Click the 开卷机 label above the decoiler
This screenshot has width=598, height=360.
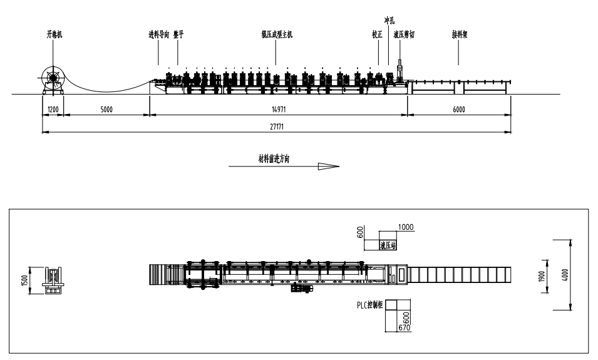(x=54, y=36)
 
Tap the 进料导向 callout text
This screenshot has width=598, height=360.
(x=158, y=36)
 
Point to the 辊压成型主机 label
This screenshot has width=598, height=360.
(x=277, y=36)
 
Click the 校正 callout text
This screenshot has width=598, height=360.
(x=377, y=36)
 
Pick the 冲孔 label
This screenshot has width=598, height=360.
(x=389, y=21)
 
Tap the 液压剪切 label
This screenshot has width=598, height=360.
(x=404, y=36)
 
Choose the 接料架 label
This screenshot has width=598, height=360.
(x=460, y=36)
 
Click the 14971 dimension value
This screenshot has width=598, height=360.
(x=277, y=109)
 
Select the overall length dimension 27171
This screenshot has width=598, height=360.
(x=277, y=126)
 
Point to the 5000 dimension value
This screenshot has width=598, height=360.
(x=106, y=109)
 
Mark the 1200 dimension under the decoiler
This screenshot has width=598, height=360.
(x=53, y=109)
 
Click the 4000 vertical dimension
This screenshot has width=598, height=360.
(x=564, y=275)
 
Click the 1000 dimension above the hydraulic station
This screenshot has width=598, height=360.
(x=406, y=227)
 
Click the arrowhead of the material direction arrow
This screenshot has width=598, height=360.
(x=328, y=167)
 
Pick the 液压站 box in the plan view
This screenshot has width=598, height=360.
(x=388, y=245)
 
